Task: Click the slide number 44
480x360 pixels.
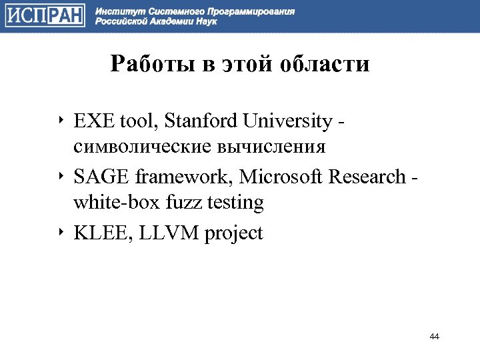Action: tap(435, 336)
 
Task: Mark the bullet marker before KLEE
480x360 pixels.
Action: tap(60, 233)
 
